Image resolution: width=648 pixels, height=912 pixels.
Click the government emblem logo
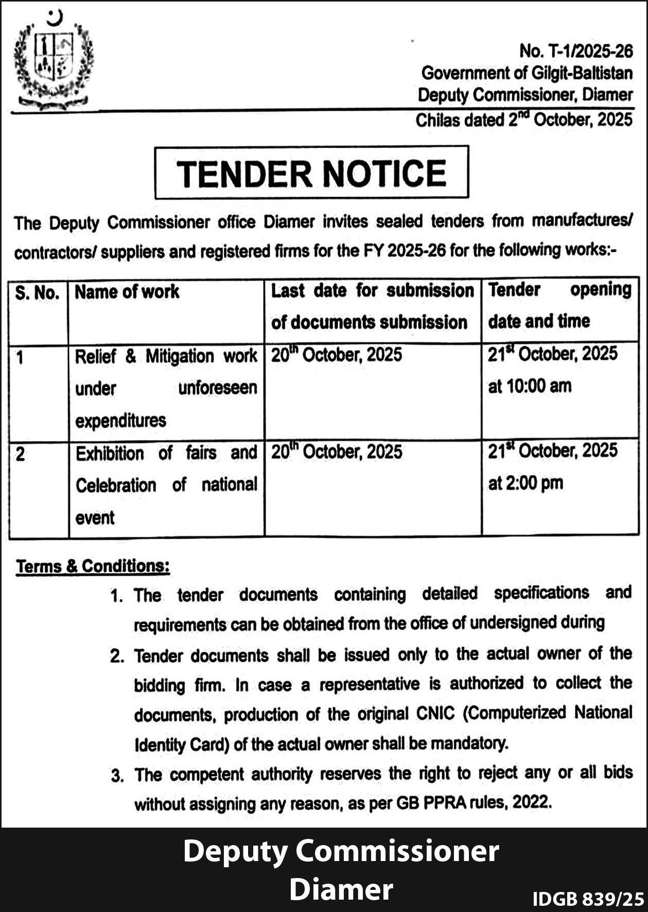tap(53, 59)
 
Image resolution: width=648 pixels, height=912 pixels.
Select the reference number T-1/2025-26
tap(575, 51)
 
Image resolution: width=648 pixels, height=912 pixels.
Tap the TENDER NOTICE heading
tap(311, 173)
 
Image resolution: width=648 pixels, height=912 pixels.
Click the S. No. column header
tap(37, 293)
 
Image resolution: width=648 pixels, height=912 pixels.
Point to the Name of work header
tap(127, 292)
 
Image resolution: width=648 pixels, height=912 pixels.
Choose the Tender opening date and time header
tap(559, 306)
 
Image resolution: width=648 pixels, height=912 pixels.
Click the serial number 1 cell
tap(20, 357)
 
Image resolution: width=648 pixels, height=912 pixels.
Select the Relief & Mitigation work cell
tap(166, 388)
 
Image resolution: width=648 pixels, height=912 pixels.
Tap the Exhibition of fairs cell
tap(166, 485)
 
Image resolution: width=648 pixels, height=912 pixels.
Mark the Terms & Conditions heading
tap(93, 566)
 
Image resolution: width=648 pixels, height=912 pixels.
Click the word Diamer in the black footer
tap(341, 889)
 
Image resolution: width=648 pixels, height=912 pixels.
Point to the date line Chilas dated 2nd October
tap(523, 120)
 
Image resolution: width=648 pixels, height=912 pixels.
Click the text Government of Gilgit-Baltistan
tap(527, 73)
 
